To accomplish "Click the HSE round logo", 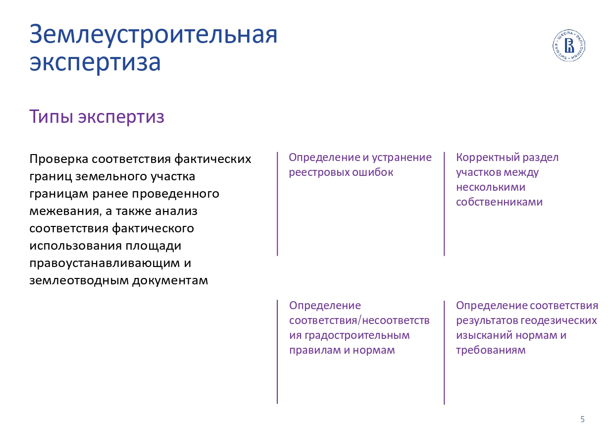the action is pos(569,45).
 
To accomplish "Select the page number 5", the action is pos(582,419).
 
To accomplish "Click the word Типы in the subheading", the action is pos(51,117).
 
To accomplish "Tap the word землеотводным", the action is pos(79,280).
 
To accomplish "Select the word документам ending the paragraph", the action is pos(170,281).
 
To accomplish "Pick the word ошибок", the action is pos(373,172).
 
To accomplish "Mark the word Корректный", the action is pos(488,158).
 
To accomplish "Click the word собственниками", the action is pos(500,202).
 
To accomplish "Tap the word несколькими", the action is pos(491,187).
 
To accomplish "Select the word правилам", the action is pos(315,350).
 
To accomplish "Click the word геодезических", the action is pos(559,321).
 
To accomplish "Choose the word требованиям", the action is pos(491,350).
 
